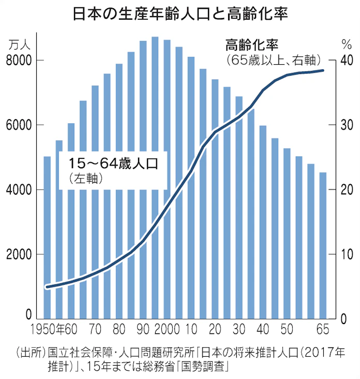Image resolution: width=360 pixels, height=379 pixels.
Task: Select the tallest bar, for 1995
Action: [x=155, y=176]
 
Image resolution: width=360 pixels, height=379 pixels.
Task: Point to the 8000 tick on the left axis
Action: [x=21, y=61]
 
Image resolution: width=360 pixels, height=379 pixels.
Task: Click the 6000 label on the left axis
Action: [x=21, y=125]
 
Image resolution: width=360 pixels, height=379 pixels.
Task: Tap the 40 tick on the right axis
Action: [x=346, y=61]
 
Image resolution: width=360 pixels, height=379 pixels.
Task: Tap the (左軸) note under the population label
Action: [x=88, y=179]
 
